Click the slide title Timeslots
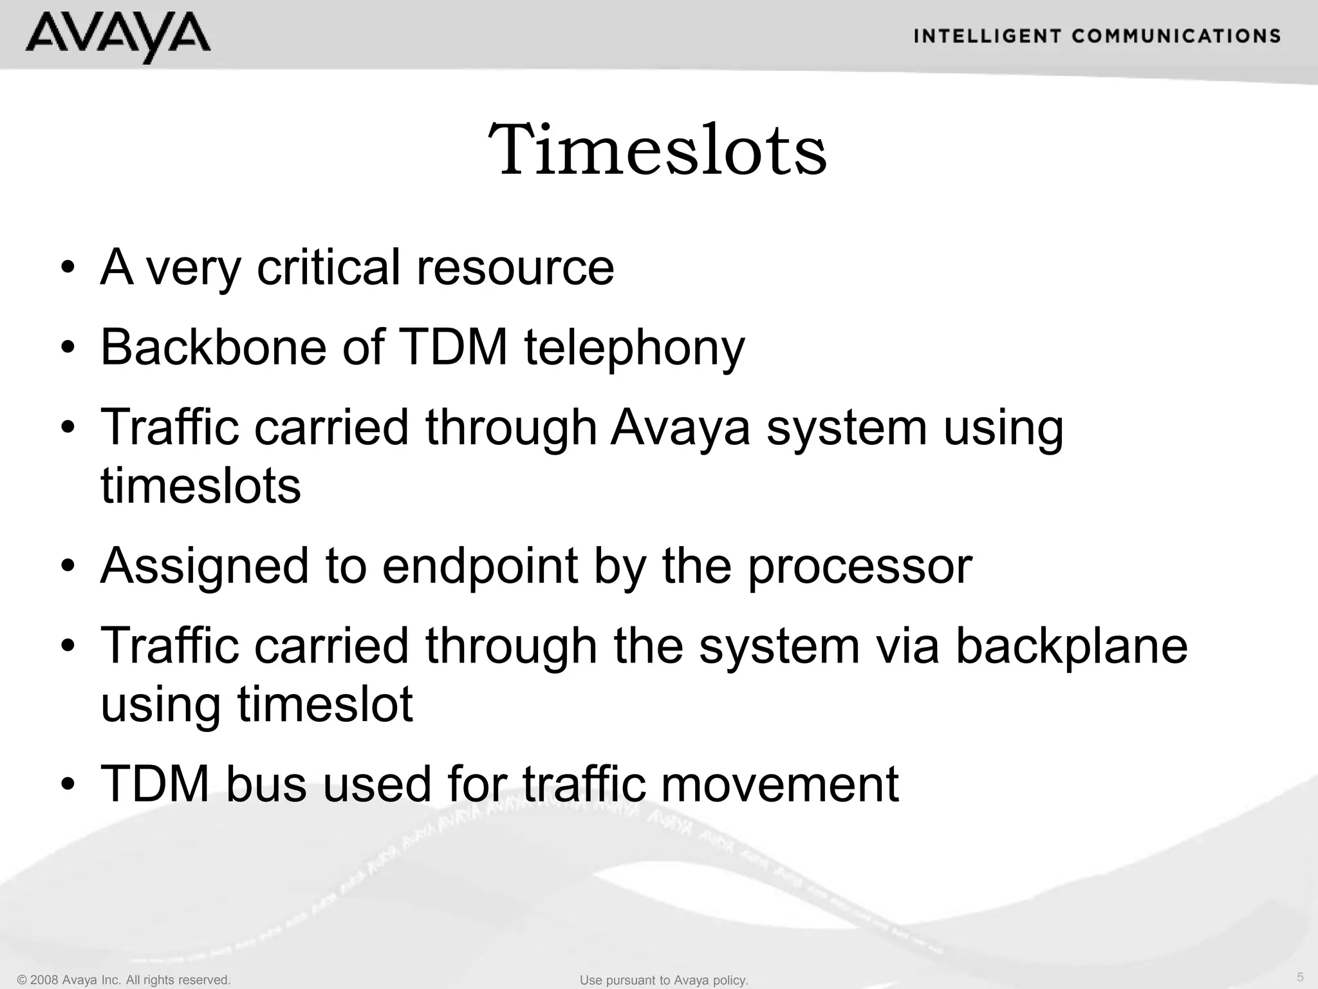point(658,150)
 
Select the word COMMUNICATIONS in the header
point(1176,36)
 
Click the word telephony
point(634,348)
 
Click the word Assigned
point(205,567)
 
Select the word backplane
point(1071,646)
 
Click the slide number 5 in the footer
point(1300,977)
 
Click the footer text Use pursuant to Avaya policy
point(664,980)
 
